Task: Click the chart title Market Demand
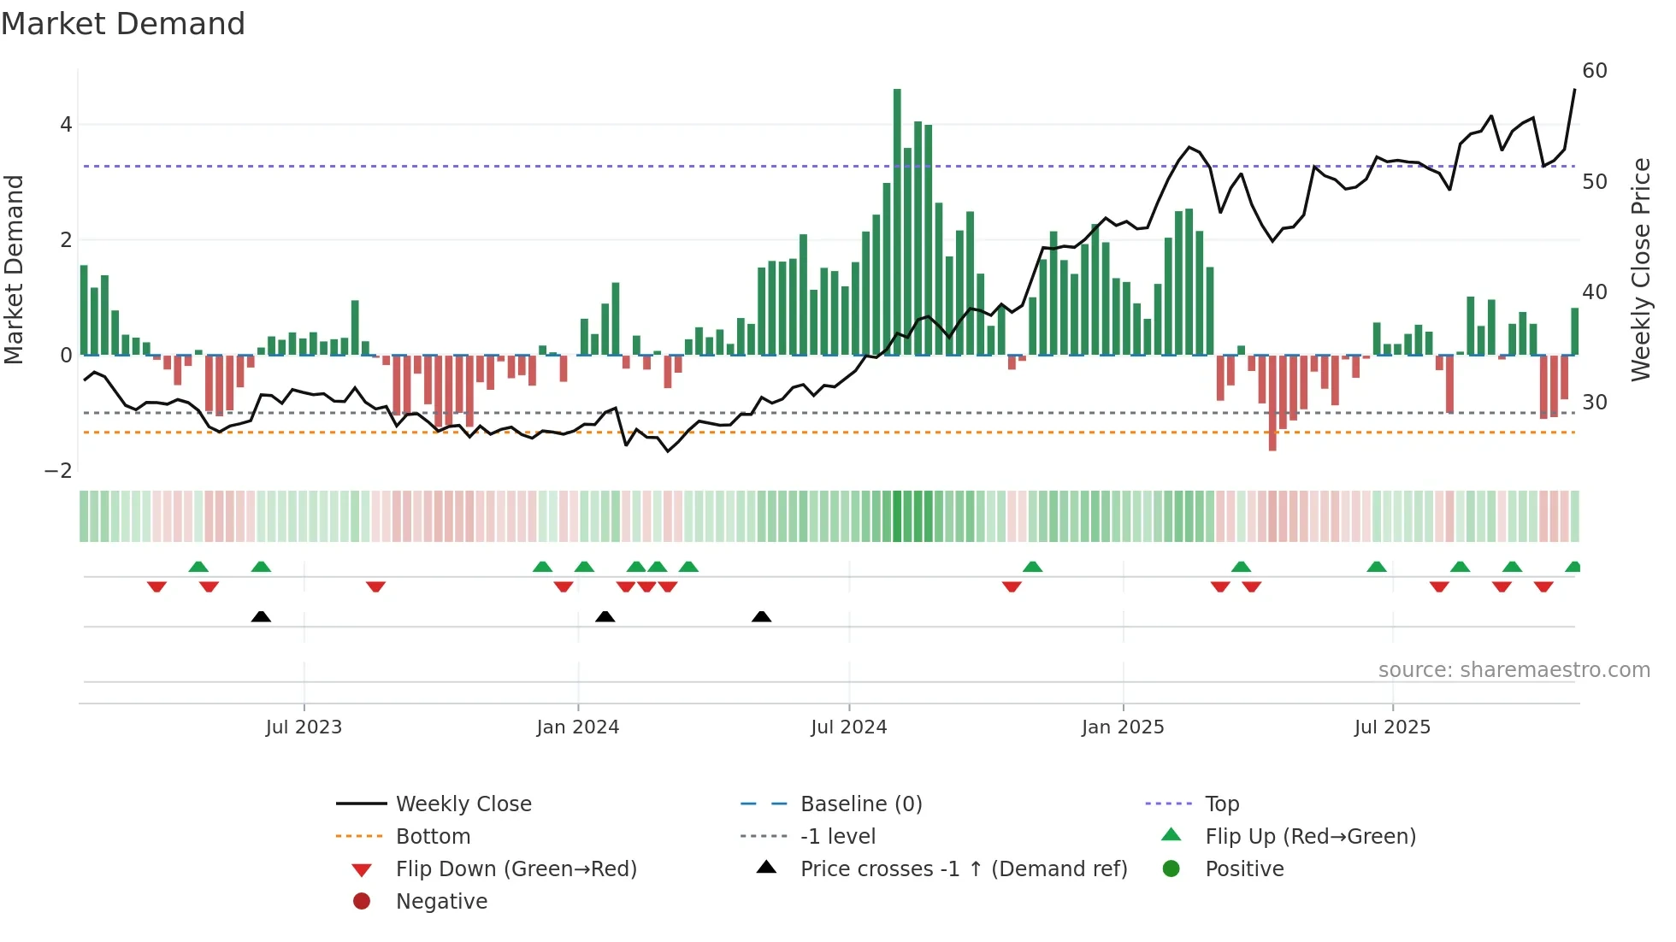123,24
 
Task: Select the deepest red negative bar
1272,403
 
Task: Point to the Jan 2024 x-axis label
578,727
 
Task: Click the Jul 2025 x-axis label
1392,727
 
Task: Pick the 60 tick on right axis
1595,71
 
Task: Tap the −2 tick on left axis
59,471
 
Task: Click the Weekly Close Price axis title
1641,270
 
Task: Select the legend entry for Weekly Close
463,804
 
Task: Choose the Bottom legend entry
433,837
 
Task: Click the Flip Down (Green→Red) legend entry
516,869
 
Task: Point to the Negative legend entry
441,902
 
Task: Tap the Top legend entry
1222,804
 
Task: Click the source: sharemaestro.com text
1514,670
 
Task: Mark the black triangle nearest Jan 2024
605,616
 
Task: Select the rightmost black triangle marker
762,616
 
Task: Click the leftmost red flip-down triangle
156,586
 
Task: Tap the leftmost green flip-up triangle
198,567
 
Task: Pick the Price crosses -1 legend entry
964,869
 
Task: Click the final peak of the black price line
1574,90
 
